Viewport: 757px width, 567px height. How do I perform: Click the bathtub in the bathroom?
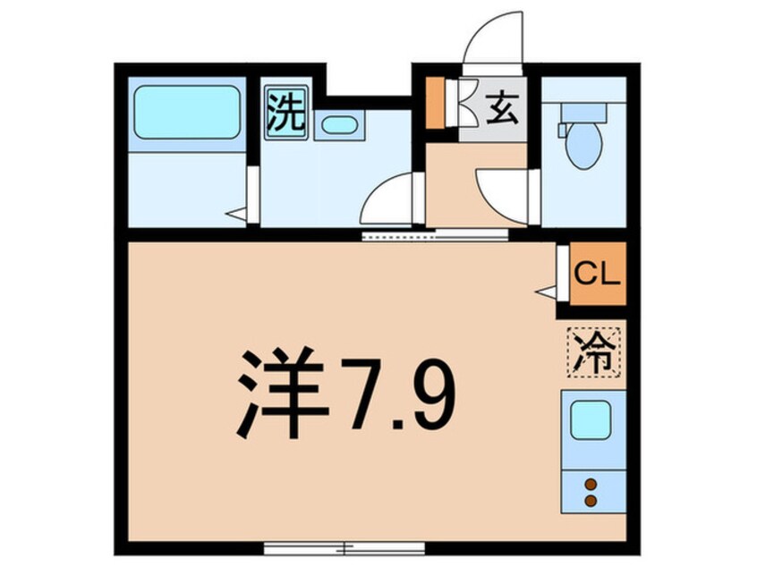187,113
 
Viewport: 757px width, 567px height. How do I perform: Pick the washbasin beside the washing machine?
339,124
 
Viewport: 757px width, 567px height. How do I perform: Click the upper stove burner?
590,484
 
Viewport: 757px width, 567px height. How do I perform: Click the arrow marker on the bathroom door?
235,215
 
